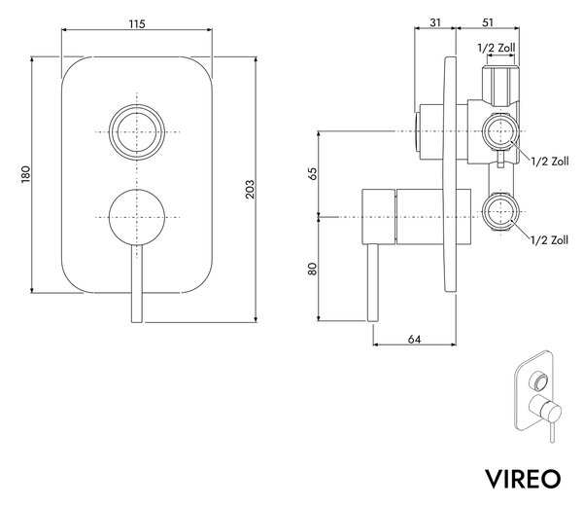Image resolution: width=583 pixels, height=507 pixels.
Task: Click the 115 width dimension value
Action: click(137, 24)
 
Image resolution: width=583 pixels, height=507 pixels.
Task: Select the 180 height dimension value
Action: click(25, 174)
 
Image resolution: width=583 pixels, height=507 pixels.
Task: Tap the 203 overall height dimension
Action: click(250, 189)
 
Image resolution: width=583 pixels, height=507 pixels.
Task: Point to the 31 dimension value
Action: click(435, 22)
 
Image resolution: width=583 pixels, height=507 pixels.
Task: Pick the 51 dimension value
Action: click(488, 22)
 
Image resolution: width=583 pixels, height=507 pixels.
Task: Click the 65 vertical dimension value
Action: click(313, 174)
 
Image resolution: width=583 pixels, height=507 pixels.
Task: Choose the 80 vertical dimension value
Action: click(313, 269)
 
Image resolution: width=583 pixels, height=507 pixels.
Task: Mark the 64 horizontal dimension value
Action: click(414, 340)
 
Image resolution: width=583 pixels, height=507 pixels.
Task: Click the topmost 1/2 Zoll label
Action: click(497, 48)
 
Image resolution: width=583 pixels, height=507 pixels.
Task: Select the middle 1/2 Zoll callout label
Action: click(550, 162)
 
